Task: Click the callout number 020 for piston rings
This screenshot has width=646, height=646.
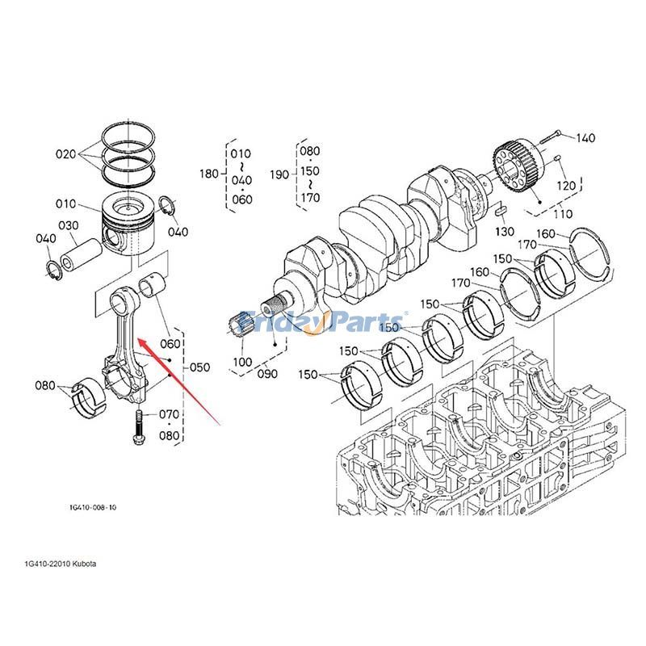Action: click(66, 153)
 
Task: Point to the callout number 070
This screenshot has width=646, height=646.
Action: click(169, 414)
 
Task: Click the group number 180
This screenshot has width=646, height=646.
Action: click(209, 174)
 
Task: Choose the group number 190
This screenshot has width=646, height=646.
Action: click(279, 174)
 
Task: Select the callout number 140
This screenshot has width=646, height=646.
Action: click(585, 138)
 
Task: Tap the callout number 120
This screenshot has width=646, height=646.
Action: click(566, 186)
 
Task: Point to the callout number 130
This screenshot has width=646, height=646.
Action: click(504, 232)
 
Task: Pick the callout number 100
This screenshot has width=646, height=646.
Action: click(242, 362)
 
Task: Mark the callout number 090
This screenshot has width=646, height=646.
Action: click(266, 374)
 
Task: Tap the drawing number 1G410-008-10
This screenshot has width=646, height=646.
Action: click(93, 508)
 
